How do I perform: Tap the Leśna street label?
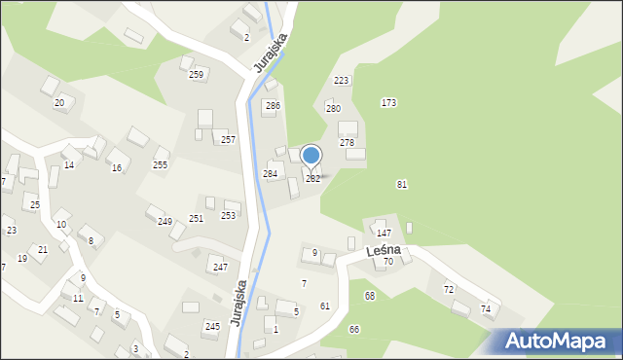[384, 251]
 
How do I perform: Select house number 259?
[196, 75]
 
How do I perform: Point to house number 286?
[274, 105]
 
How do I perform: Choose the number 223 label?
[341, 80]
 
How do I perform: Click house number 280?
[333, 109]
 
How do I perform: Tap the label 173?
[388, 102]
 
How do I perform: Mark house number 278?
[347, 142]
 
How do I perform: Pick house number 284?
[271, 173]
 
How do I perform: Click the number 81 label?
[402, 184]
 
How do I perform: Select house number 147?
[385, 234]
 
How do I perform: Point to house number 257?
[228, 140]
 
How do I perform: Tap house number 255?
[160, 164]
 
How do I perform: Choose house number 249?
[165, 222]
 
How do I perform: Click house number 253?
[229, 215]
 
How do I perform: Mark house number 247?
[220, 267]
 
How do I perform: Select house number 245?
[212, 326]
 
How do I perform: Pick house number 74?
[486, 308]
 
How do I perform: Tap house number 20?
[59, 102]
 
